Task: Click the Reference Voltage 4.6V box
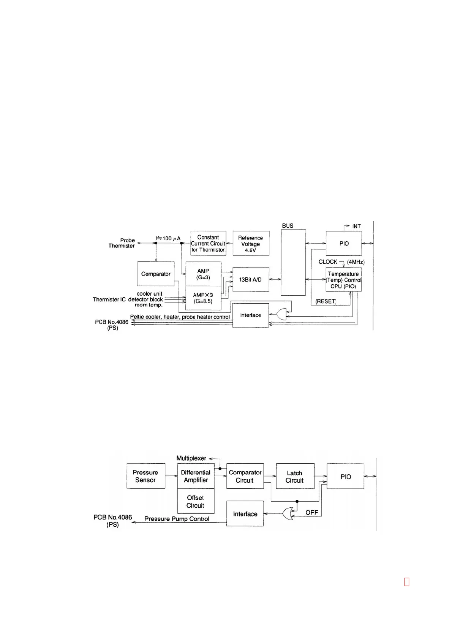click(x=251, y=243)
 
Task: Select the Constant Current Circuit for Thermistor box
click(x=208, y=243)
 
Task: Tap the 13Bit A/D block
click(x=250, y=279)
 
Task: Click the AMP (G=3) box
click(x=203, y=274)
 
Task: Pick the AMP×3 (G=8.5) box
click(x=203, y=298)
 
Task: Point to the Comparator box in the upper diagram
click(x=156, y=274)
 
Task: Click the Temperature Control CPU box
click(x=343, y=280)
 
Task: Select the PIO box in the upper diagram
click(x=344, y=243)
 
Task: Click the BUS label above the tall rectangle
click(x=288, y=226)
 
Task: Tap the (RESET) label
click(x=326, y=301)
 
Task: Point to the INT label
click(x=356, y=226)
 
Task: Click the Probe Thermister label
click(x=122, y=243)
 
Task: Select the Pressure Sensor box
click(x=145, y=476)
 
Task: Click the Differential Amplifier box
click(x=196, y=476)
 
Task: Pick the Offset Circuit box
click(x=195, y=502)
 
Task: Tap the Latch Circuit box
click(x=295, y=477)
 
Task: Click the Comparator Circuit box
click(x=245, y=476)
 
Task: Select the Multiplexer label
click(x=191, y=458)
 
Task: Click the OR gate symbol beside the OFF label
click(x=288, y=513)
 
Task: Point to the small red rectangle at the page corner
click(x=406, y=582)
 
